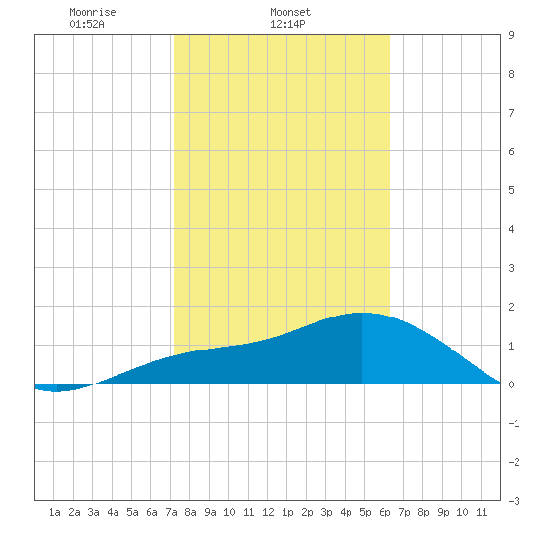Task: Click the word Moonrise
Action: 92,12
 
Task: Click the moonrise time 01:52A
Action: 86,24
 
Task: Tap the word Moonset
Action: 290,12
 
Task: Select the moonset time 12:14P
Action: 287,24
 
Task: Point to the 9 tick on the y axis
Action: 511,35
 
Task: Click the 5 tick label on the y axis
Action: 511,190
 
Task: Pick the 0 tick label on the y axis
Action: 511,384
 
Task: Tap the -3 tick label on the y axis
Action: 514,501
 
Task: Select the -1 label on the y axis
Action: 514,423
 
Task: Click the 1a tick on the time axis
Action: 54,512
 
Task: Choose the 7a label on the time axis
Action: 171,512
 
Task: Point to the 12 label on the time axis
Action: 268,512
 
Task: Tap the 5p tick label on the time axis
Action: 365,512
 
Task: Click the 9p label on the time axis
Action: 443,512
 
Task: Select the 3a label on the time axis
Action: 93,512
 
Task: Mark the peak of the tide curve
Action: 362,313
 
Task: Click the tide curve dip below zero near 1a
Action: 55,391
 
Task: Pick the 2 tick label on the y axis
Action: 511,307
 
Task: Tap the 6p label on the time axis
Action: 384,512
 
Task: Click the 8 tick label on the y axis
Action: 511,74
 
